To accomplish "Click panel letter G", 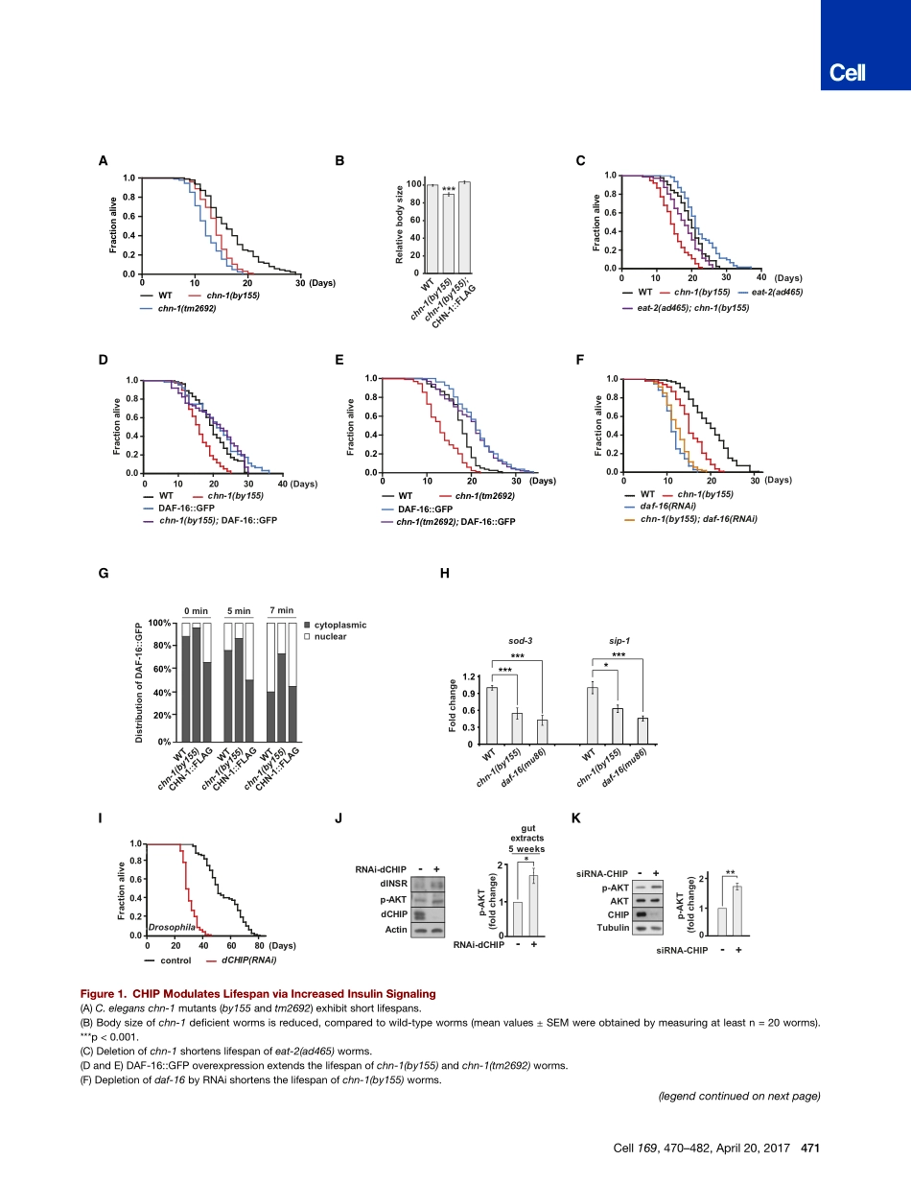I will [x=103, y=573].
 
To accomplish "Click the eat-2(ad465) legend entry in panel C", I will [x=782, y=292].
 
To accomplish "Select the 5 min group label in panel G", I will [x=239, y=611].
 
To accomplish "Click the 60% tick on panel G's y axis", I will [x=158, y=669].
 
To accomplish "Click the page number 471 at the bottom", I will [x=807, y=1148].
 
